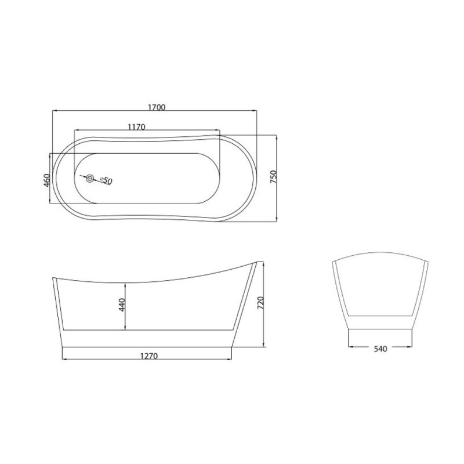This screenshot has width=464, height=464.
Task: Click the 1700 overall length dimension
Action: pyautogui.click(x=157, y=107)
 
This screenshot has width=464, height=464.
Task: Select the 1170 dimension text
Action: pyautogui.click(x=136, y=127)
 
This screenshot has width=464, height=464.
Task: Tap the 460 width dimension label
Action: pyautogui.click(x=46, y=180)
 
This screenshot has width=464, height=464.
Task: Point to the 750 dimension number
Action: pyautogui.click(x=273, y=177)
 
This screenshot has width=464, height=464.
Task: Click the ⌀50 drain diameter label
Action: pyautogui.click(x=107, y=180)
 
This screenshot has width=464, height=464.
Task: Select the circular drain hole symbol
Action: pyautogui.click(x=90, y=179)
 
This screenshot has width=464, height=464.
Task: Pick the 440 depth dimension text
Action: pyautogui.click(x=122, y=305)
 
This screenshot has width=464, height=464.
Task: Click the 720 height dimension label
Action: pyautogui.click(x=260, y=303)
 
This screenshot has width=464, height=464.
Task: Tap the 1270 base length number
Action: pyautogui.click(x=149, y=356)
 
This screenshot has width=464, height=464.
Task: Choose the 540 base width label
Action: pyautogui.click(x=380, y=349)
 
